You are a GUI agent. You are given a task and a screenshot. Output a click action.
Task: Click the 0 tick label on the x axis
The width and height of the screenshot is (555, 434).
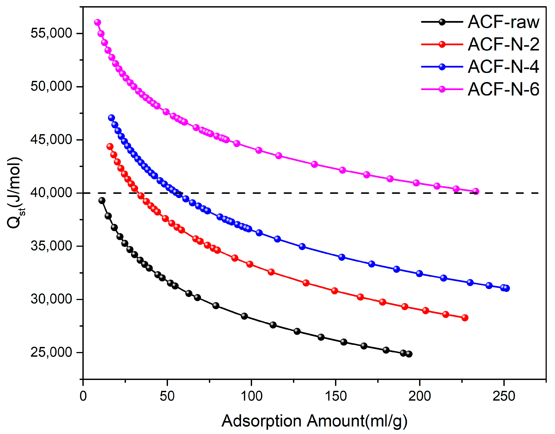coord(83,396)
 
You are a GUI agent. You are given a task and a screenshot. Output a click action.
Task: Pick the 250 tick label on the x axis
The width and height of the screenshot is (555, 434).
coord(504,396)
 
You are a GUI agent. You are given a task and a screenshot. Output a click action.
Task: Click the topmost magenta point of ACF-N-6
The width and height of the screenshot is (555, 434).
coord(98,22)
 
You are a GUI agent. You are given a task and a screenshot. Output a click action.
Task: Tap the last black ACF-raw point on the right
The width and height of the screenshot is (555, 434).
coord(409,354)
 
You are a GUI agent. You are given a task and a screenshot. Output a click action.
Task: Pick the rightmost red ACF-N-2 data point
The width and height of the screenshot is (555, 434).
coord(465,318)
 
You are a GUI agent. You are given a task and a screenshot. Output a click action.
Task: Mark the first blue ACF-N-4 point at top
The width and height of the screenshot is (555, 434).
coord(111,118)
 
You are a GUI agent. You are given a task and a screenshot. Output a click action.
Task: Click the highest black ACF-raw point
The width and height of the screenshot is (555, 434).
coord(102,200)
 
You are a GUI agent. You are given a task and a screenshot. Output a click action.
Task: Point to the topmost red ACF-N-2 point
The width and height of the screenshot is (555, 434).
coord(110,146)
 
